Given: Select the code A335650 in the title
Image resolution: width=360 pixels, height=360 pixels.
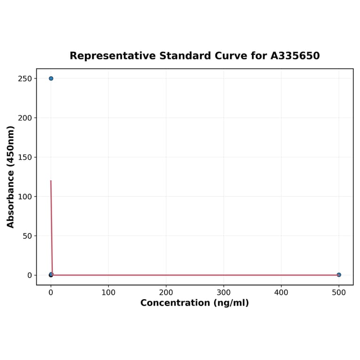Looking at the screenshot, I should pyautogui.click(x=295, y=56).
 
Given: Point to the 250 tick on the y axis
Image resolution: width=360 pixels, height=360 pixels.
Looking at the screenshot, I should pyautogui.click(x=25, y=79).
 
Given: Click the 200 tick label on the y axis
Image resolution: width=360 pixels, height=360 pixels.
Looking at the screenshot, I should pyautogui.click(x=25, y=118).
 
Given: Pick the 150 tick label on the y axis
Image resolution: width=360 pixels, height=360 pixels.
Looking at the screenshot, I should pyautogui.click(x=25, y=157).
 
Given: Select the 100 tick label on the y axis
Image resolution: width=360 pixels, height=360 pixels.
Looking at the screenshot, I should pyautogui.click(x=25, y=196).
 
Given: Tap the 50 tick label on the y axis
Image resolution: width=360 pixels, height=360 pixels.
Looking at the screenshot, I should pyautogui.click(x=27, y=236).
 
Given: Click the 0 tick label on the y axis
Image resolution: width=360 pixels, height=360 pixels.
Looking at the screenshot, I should pyautogui.click(x=29, y=275).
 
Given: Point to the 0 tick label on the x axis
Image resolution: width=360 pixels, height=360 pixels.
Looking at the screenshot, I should pyautogui.click(x=51, y=293).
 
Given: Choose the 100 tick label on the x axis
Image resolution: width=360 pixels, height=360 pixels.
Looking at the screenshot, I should pyautogui.click(x=108, y=293).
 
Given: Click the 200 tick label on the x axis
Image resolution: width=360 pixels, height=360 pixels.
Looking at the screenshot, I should pyautogui.click(x=166, y=293).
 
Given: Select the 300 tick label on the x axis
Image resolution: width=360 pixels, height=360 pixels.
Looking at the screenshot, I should pyautogui.click(x=224, y=293).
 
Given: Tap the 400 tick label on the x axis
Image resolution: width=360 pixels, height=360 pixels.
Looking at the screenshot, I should pyautogui.click(x=281, y=293).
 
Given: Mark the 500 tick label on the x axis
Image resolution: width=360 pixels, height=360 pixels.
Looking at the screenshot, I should pyautogui.click(x=339, y=293).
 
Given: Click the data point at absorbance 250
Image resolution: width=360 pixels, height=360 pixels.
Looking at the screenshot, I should pyautogui.click(x=51, y=78).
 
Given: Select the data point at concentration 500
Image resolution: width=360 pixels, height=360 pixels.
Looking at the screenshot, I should pyautogui.click(x=339, y=275).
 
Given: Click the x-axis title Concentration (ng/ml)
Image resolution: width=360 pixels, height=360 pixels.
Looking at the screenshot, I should pyautogui.click(x=195, y=303).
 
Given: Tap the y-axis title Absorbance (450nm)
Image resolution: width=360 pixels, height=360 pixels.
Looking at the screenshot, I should pyautogui.click(x=11, y=177).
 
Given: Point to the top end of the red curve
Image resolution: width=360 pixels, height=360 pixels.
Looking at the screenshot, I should pyautogui.click(x=51, y=180).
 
